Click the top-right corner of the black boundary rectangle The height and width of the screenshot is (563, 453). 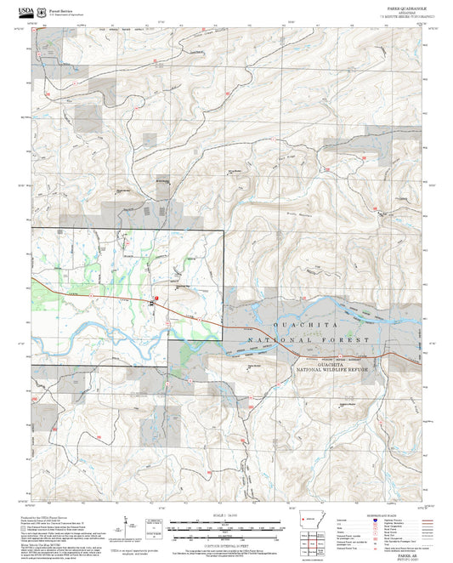(x=224, y=229)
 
